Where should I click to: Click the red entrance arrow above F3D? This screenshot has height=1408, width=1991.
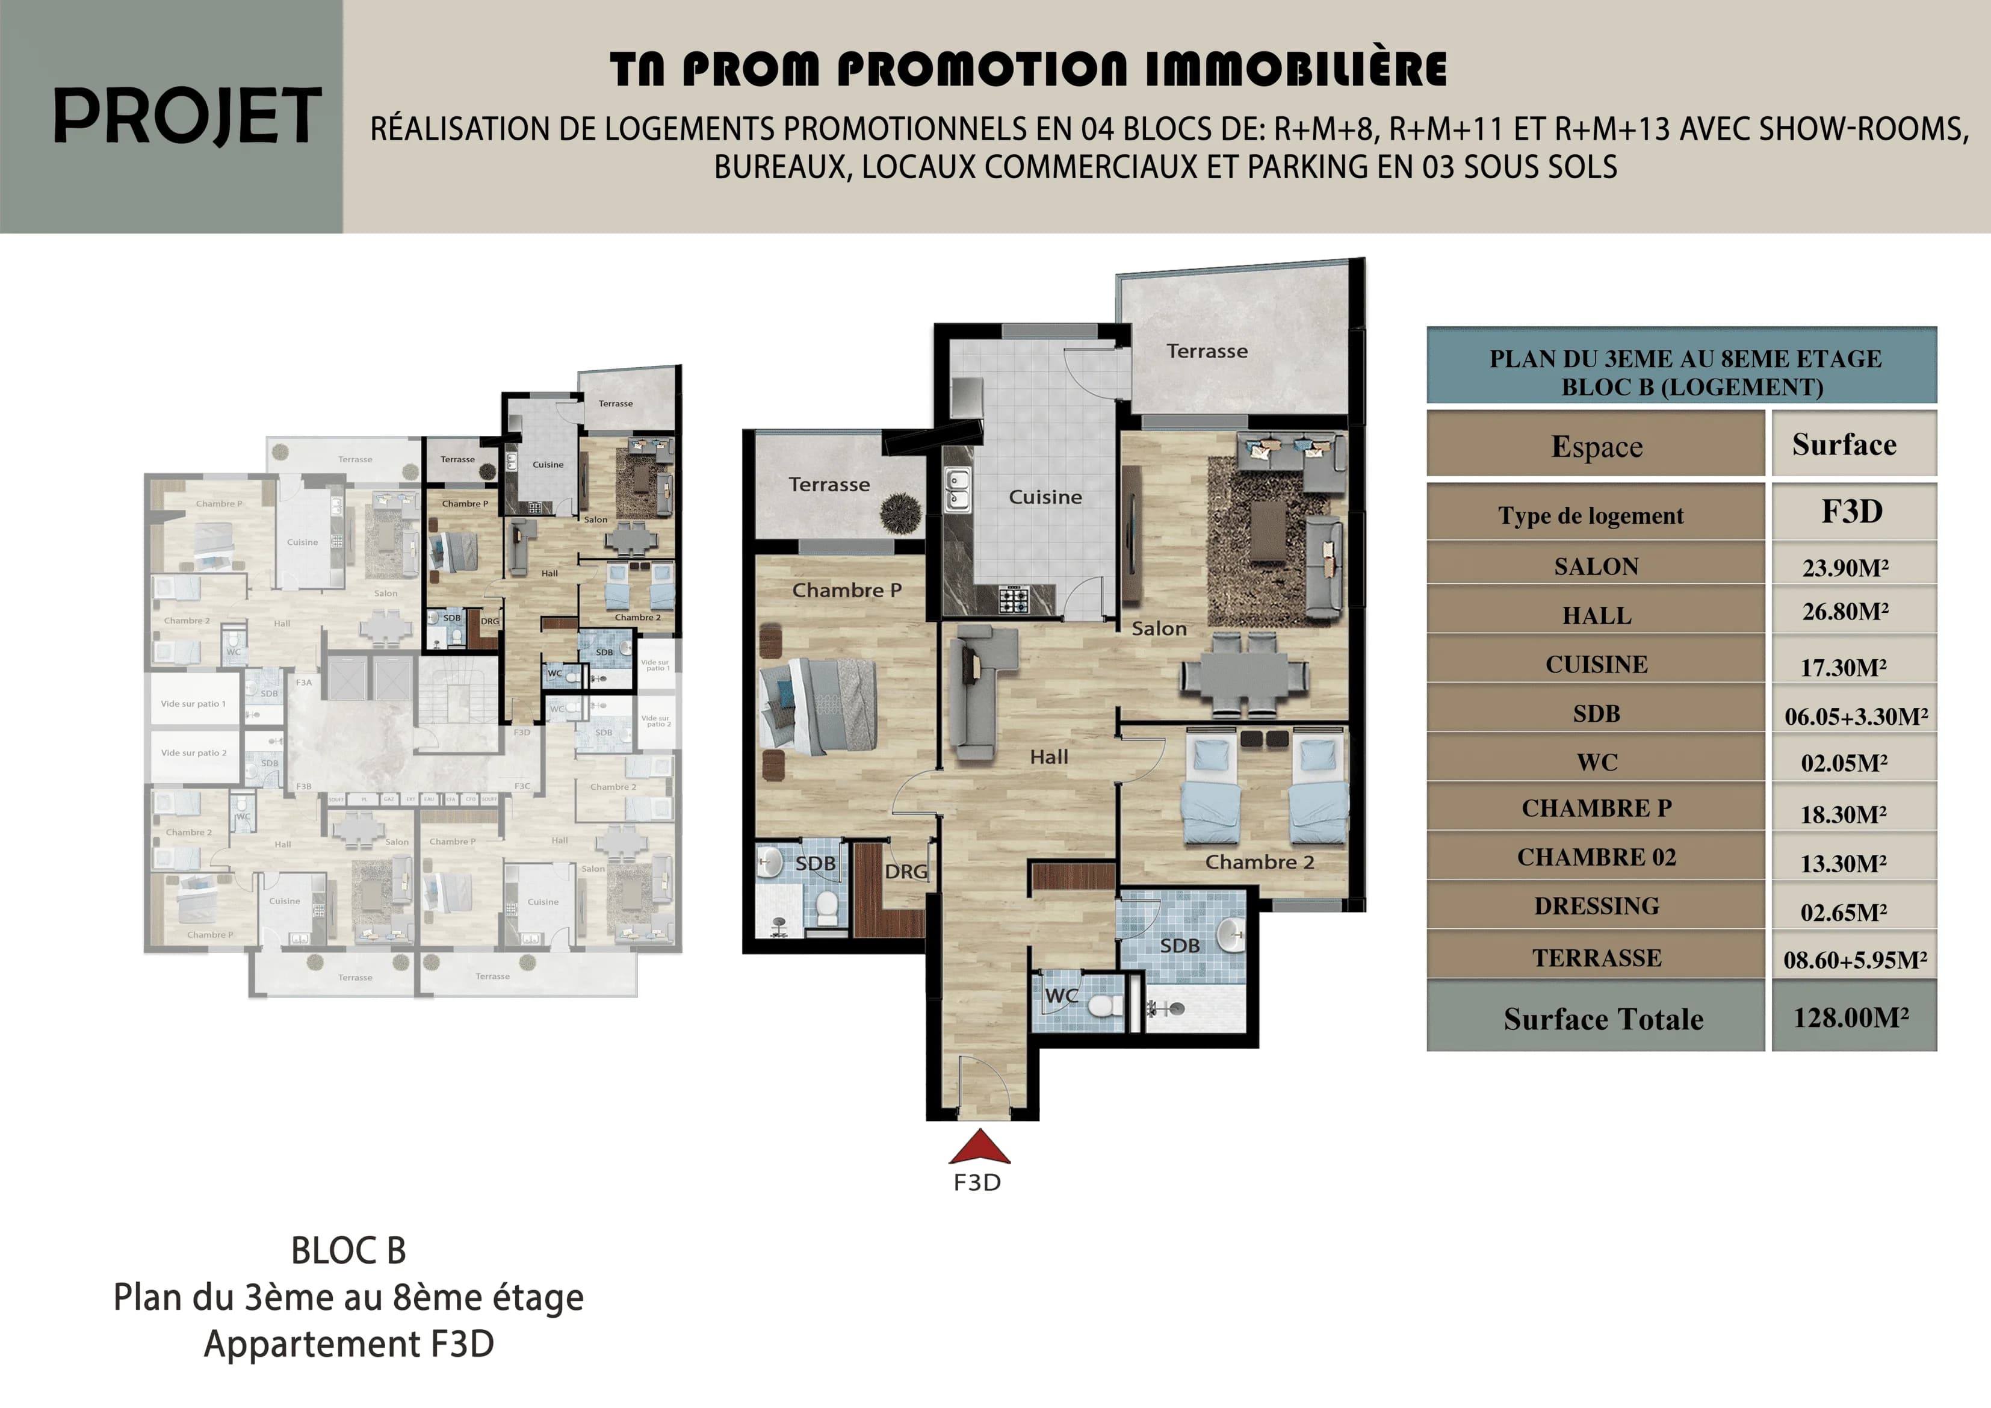tap(979, 1148)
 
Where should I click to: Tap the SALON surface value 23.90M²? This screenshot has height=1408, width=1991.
tap(1845, 568)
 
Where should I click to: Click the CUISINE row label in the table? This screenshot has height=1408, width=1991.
tap(1596, 665)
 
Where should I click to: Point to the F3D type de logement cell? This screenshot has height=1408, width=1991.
tap(1851, 512)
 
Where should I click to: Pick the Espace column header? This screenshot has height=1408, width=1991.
tap(1596, 446)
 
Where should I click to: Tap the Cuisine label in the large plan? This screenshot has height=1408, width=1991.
tap(1045, 497)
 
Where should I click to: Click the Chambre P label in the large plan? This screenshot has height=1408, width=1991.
tap(846, 590)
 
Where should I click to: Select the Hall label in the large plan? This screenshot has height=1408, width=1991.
tap(1048, 757)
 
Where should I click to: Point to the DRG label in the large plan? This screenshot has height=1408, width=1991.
tap(905, 871)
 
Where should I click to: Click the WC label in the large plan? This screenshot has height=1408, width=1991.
tap(1061, 996)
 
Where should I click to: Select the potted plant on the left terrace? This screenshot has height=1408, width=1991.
tap(901, 513)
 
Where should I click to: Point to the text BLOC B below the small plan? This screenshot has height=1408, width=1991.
tap(348, 1251)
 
